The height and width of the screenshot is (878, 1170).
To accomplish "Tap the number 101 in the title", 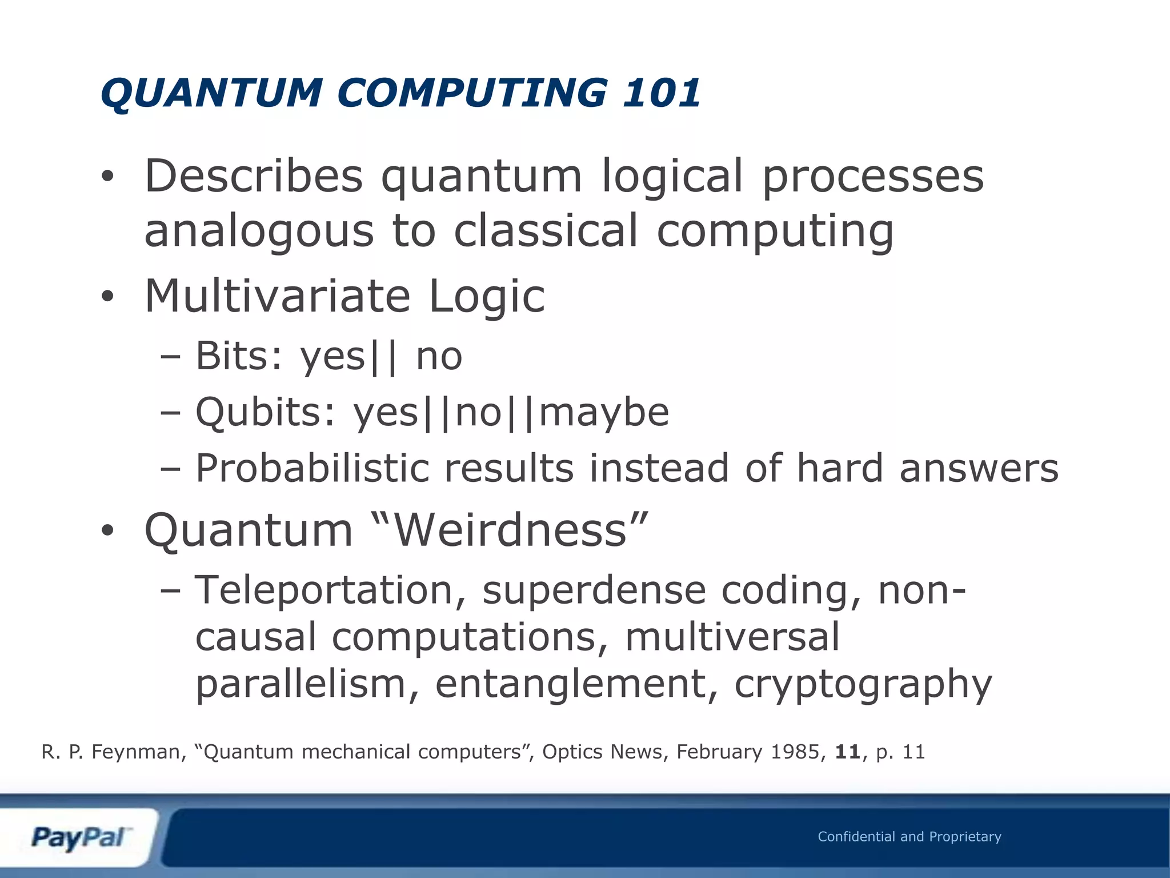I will pyautogui.click(x=662, y=93).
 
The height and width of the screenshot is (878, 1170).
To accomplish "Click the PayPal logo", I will pyautogui.click(x=80, y=838).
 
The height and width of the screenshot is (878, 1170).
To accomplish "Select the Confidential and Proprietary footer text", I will pyautogui.click(x=909, y=837).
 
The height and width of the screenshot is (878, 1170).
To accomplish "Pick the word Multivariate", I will pyautogui.click(x=278, y=296).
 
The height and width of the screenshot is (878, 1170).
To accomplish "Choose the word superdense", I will pyautogui.click(x=594, y=590).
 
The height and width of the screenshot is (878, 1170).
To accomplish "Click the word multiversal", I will pyautogui.click(x=732, y=637).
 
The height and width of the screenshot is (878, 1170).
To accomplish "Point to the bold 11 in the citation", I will pyautogui.click(x=848, y=752).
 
